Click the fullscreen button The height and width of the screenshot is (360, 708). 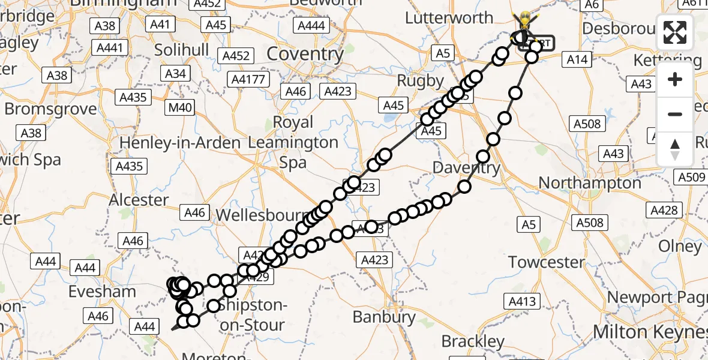coord(675,32)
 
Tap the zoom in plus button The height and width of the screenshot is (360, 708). coord(675,79)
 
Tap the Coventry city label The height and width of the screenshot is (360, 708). coord(305,54)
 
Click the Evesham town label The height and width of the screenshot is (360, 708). coord(102,292)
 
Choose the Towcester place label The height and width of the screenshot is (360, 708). coord(547,262)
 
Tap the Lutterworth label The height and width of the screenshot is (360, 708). coord(449,18)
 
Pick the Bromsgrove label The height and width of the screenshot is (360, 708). coord(50,109)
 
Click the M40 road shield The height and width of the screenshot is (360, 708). coord(181,107)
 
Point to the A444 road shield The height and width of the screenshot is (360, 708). coord(311,26)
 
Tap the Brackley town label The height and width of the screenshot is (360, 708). coord(473,342)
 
